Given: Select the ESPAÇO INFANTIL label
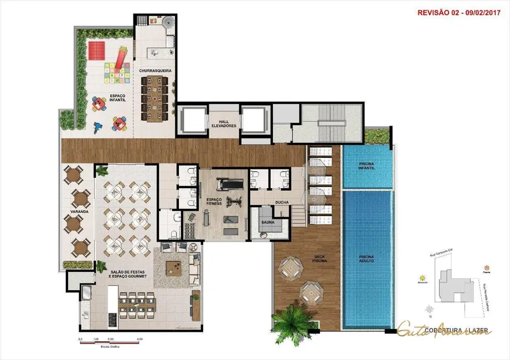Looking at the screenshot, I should [x=117, y=97].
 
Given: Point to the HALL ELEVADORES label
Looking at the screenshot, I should [x=224, y=123].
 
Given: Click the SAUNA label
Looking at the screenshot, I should [x=269, y=222].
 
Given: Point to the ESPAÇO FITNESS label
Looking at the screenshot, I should [x=213, y=200].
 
